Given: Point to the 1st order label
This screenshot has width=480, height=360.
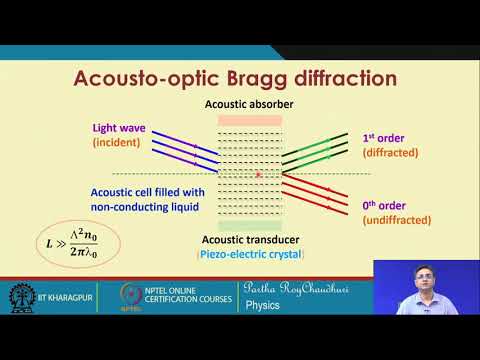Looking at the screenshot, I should point(384,135).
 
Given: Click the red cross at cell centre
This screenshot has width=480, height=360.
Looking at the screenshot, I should point(259,175).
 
